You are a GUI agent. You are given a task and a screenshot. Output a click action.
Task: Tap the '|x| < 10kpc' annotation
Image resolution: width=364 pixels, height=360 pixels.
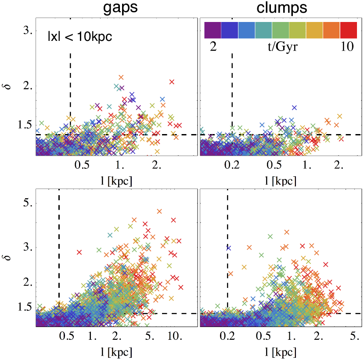coord(80,37)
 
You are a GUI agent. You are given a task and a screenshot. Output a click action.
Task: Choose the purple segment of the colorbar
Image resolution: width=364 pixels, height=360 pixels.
coord(213,30)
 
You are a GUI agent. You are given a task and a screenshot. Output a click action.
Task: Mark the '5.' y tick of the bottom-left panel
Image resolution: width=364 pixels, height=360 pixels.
coord(29,203)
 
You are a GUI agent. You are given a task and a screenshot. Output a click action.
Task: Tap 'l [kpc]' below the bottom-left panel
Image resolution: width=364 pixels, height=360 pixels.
coord(116,353)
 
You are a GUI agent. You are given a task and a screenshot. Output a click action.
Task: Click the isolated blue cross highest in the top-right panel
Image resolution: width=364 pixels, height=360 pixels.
coord(294,107)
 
